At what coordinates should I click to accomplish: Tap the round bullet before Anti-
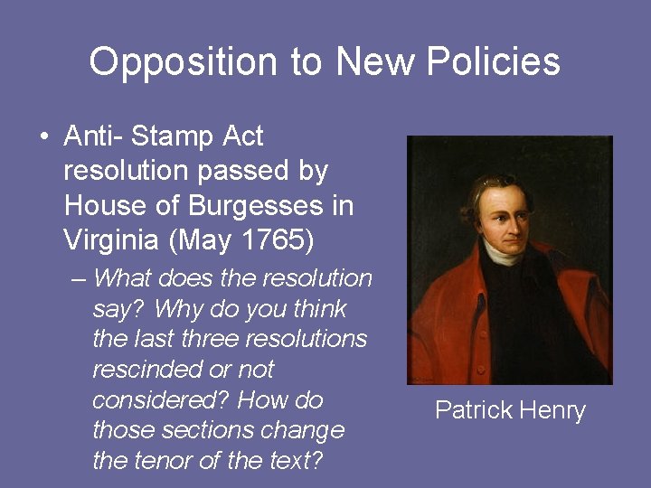pyautogui.click(x=43, y=137)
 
